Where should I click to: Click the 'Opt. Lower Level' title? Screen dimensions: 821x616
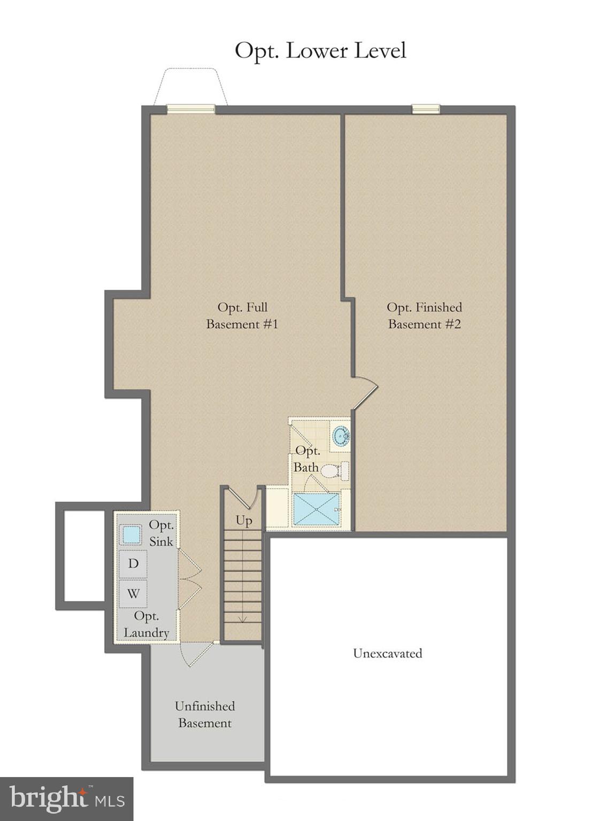click(320, 51)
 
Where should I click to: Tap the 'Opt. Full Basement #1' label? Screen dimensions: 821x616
click(242, 315)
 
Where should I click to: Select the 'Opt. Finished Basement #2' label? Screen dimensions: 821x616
click(424, 315)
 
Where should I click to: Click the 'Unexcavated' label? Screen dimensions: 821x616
click(387, 653)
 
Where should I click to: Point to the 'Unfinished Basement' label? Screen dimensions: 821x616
click(205, 714)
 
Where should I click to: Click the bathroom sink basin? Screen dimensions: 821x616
click(341, 436)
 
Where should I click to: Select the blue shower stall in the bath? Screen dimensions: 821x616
click(316, 509)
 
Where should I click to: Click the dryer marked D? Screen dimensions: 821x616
click(133, 563)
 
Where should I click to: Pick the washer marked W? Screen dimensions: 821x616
click(133, 593)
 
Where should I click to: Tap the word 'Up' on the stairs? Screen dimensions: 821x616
click(244, 520)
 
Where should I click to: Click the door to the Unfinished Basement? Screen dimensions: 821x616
click(195, 653)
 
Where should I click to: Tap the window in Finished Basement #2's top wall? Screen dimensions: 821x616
click(426, 109)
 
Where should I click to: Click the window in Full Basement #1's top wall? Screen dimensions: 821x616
click(191, 109)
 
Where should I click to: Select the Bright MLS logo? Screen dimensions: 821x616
click(66, 799)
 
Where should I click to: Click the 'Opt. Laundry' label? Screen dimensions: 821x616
click(146, 624)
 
